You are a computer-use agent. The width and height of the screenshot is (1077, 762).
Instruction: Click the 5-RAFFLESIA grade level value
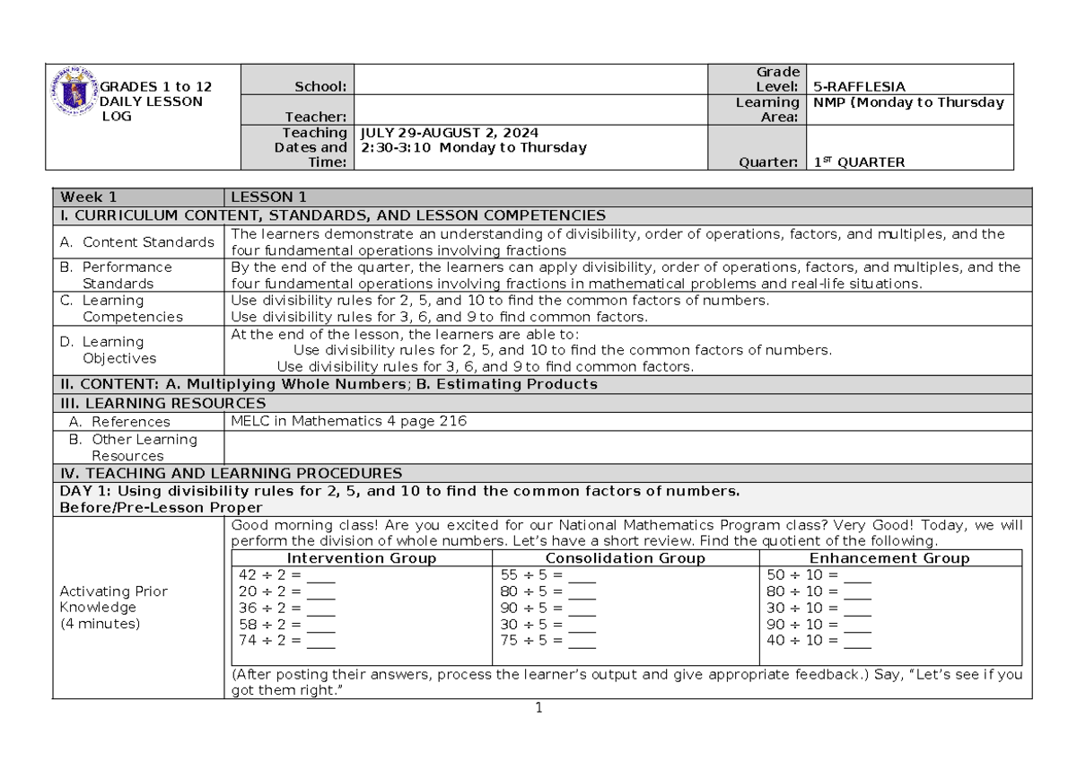[858, 87]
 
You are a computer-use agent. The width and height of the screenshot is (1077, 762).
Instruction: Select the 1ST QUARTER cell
[859, 162]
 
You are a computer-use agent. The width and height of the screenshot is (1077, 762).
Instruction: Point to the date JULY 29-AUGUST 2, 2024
[449, 132]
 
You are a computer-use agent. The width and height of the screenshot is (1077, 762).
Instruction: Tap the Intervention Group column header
[361, 558]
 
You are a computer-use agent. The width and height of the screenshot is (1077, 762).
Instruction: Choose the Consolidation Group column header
[626, 558]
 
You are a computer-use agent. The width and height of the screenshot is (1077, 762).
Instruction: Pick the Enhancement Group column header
[889, 558]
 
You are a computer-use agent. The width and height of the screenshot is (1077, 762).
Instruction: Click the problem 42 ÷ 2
[269, 575]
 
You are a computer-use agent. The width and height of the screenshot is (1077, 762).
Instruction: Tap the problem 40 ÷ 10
[801, 641]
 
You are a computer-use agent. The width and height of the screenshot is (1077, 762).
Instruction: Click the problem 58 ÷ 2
[269, 625]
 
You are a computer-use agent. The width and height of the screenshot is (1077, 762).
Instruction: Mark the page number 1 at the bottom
[538, 708]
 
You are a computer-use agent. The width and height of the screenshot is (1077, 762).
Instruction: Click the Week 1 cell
[88, 197]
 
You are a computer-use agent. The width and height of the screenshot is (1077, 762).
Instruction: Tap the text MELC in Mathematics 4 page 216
[348, 421]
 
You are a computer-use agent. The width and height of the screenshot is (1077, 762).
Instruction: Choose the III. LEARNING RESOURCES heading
[162, 404]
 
